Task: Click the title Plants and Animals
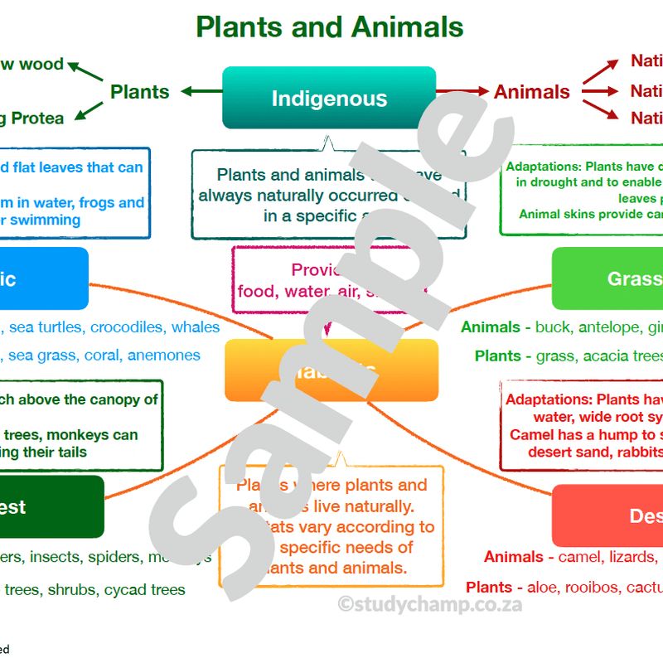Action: point(329,27)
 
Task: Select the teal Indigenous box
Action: point(329,98)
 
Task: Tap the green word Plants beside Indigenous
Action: point(139,91)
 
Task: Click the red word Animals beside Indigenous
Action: point(532,91)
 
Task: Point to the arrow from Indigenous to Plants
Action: point(200,91)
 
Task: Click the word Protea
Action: point(38,119)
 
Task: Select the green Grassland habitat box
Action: point(608,278)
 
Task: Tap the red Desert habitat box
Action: point(608,515)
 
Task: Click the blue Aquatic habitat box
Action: point(41,278)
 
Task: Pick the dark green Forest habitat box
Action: point(50,506)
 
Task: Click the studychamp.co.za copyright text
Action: point(430,604)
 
